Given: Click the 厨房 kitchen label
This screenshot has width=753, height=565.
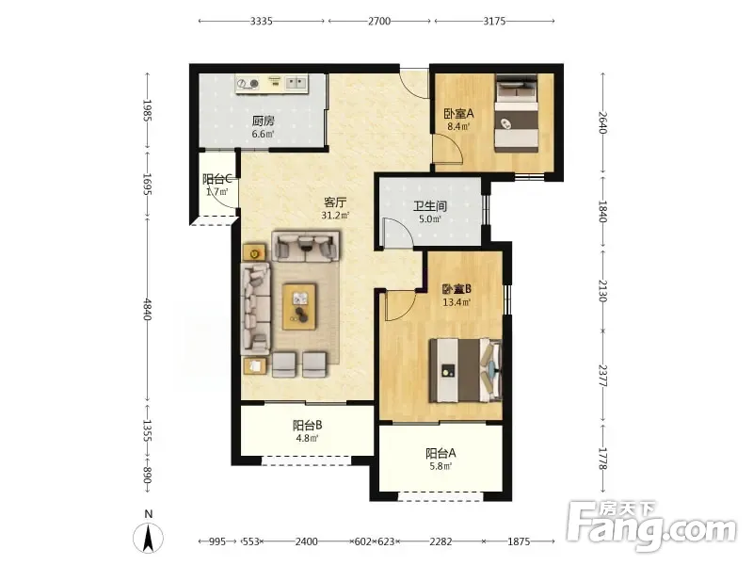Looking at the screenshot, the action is tap(264, 121).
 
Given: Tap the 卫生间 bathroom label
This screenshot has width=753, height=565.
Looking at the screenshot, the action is tap(430, 206).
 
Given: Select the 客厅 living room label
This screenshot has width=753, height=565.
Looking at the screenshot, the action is tap(335, 202).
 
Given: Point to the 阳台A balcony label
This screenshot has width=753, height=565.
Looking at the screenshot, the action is tap(441, 453).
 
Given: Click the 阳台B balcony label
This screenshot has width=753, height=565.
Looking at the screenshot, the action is tap(308, 426).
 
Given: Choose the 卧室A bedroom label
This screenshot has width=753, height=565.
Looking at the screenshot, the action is tap(458, 114).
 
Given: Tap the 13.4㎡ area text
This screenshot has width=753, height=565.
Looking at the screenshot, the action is tap(457, 302).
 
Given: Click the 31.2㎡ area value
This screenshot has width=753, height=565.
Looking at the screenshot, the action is tap(335, 216).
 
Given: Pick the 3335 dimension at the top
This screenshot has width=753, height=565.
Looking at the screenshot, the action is tap(262, 21).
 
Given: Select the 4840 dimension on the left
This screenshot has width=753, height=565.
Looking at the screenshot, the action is tap(148, 310).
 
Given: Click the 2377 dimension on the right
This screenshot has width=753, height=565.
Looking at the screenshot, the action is tap(603, 376).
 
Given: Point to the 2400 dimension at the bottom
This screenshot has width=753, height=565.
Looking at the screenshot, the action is tap(307, 541).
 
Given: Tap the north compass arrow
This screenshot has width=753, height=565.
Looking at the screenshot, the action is tap(149, 538).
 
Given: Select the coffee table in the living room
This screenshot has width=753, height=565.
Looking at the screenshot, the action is tap(299, 307).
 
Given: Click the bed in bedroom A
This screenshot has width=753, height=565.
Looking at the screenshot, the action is tap(517, 113).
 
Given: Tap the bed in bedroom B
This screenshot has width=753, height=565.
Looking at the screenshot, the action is tap(465, 370).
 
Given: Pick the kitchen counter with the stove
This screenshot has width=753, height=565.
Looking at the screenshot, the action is tap(272, 84).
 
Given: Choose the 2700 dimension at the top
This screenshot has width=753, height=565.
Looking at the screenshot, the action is tap(379, 21).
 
